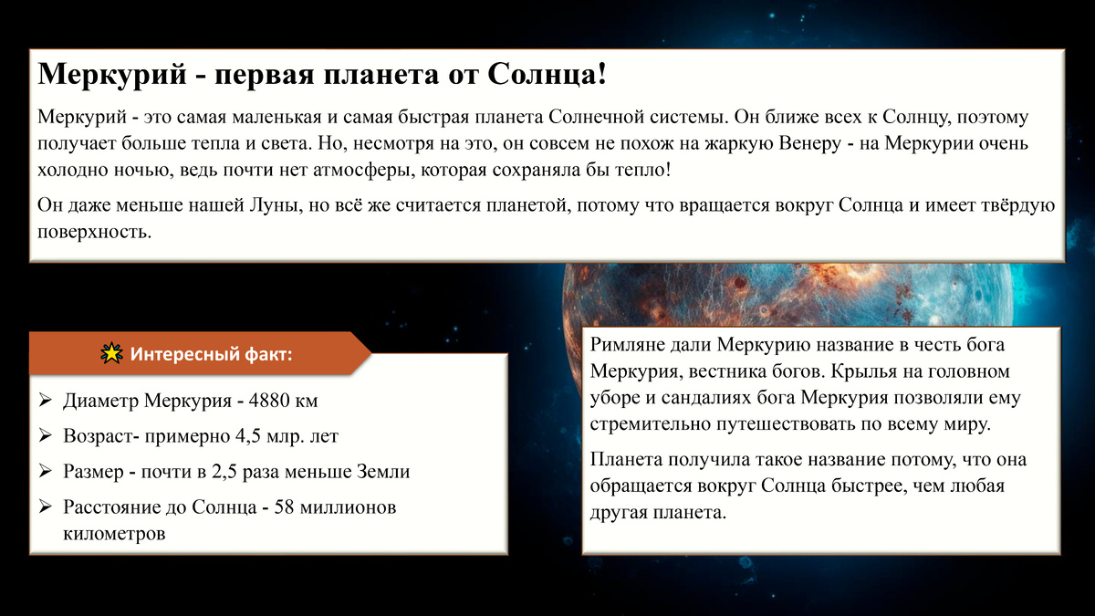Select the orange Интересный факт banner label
pos(211,354)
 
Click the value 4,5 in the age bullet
pos(239,436)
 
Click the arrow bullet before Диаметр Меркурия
pos(47,401)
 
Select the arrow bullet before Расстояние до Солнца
pos(47,506)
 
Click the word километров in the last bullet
pos(115,533)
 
